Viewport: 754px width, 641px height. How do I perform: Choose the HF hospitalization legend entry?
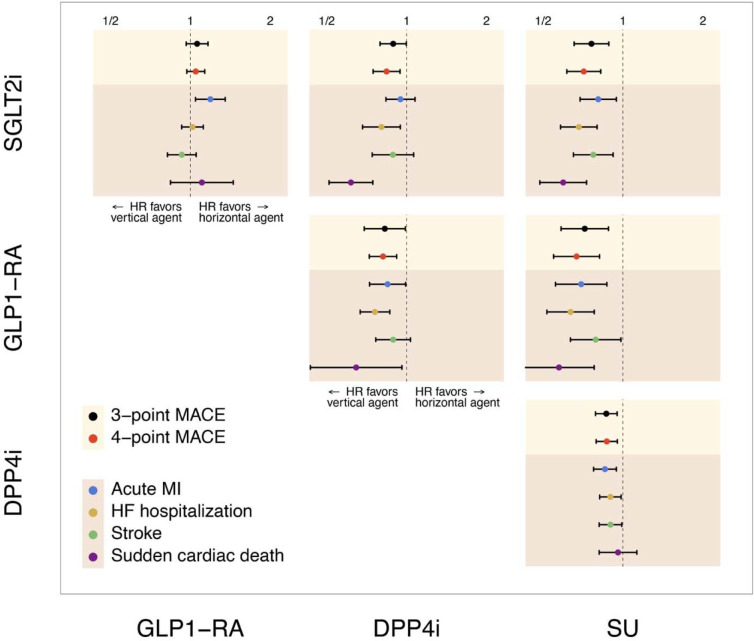(182, 510)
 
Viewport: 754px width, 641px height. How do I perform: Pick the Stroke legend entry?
(145, 533)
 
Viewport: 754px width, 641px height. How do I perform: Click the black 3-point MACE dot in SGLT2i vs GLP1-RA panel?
(197, 44)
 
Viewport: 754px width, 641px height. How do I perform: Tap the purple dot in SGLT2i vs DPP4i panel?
(351, 182)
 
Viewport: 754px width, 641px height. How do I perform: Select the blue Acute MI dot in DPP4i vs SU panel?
(604, 469)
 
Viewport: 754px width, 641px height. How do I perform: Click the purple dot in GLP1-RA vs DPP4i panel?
(356, 368)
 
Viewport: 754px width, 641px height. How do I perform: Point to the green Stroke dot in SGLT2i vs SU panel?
(593, 155)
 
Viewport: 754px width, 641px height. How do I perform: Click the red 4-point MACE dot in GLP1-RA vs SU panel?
(577, 256)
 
